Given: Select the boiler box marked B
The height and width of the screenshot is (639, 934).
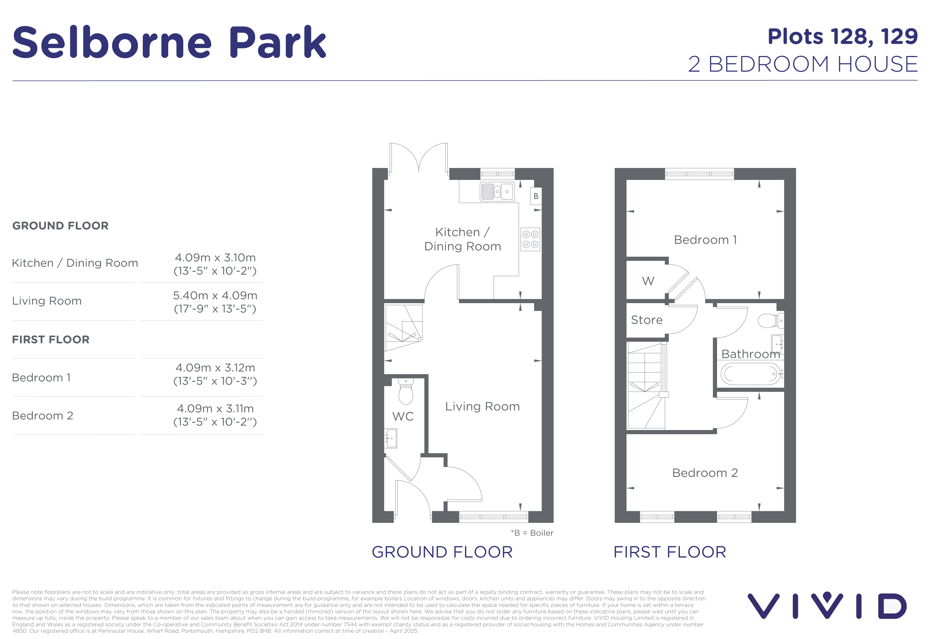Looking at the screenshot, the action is pyautogui.click(x=536, y=196).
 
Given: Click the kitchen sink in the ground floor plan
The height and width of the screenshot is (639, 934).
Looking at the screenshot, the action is pyautogui.click(x=497, y=192).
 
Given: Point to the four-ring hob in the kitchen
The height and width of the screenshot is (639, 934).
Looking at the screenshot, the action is pyautogui.click(x=530, y=240).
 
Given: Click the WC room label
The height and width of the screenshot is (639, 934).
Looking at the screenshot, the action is pyautogui.click(x=403, y=416).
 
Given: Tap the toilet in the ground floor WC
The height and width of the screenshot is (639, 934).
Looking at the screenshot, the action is pyautogui.click(x=406, y=391).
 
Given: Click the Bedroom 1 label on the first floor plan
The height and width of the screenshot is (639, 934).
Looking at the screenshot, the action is pyautogui.click(x=705, y=240).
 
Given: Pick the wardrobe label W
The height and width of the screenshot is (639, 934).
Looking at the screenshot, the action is pyautogui.click(x=648, y=281).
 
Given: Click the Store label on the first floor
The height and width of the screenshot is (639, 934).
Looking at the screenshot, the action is pyautogui.click(x=647, y=320).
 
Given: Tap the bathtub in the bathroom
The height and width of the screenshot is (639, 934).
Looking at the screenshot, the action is pyautogui.click(x=750, y=374).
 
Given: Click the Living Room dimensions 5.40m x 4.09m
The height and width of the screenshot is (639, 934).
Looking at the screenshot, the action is pyautogui.click(x=215, y=302).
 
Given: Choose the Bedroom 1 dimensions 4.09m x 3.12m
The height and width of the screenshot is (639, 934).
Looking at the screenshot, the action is pyautogui.click(x=215, y=374).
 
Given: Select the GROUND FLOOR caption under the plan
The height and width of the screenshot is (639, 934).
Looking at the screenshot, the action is pyautogui.click(x=442, y=552).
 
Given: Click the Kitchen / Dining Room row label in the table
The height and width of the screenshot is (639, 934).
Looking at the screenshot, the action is pyautogui.click(x=75, y=263).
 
